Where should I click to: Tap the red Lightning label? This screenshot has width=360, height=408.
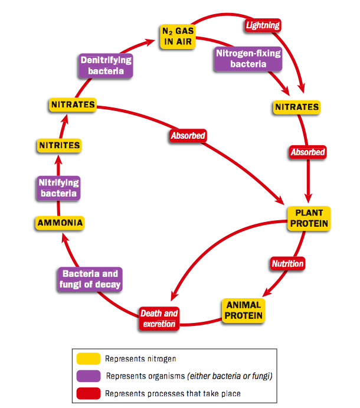tap(262, 25)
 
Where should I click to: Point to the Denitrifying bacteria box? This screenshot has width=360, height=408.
tap(106, 66)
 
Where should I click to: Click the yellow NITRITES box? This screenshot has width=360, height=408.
tap(59, 145)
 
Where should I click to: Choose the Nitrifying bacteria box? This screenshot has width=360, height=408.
tap(58, 188)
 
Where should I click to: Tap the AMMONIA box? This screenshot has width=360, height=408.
tap(58, 223)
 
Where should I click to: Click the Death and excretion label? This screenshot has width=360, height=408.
tap(159, 318)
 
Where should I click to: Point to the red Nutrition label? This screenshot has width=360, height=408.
tap(287, 263)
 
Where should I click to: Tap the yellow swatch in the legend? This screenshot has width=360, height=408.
tap(88, 358)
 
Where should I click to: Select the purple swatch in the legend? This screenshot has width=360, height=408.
tap(88, 376)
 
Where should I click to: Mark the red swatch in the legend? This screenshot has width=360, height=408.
tap(88, 393)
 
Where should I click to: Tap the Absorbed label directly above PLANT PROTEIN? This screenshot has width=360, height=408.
tap(307, 152)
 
